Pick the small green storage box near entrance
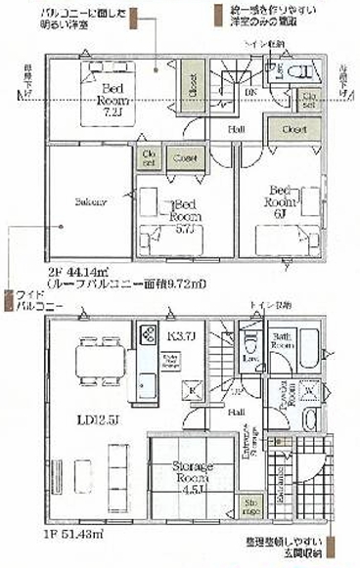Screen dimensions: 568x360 248,508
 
